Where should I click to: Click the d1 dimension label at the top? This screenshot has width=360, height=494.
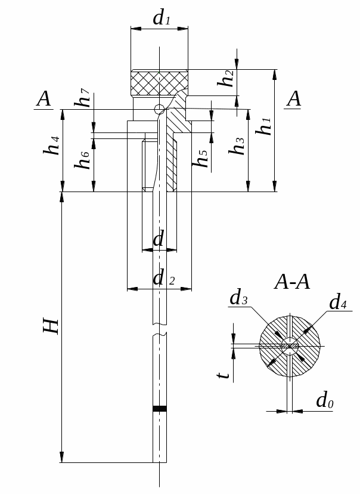click(162, 18)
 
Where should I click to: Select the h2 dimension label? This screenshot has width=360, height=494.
click(226, 78)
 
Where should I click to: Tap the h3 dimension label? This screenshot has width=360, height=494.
click(237, 146)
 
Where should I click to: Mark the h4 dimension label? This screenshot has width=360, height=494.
click(51, 146)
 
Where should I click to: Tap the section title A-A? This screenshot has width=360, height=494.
click(292, 282)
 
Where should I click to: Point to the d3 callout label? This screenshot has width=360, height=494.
click(238, 297)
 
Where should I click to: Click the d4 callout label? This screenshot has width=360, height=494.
click(338, 301)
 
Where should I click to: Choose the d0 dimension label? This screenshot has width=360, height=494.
click(325, 400)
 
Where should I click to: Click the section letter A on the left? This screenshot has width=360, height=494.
click(44, 98)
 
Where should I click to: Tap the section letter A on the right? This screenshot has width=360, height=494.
click(294, 98)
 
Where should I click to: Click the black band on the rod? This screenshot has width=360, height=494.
click(160, 409)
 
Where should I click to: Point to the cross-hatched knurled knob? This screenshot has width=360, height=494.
click(160, 83)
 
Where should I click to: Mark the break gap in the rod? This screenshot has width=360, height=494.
click(160, 329)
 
